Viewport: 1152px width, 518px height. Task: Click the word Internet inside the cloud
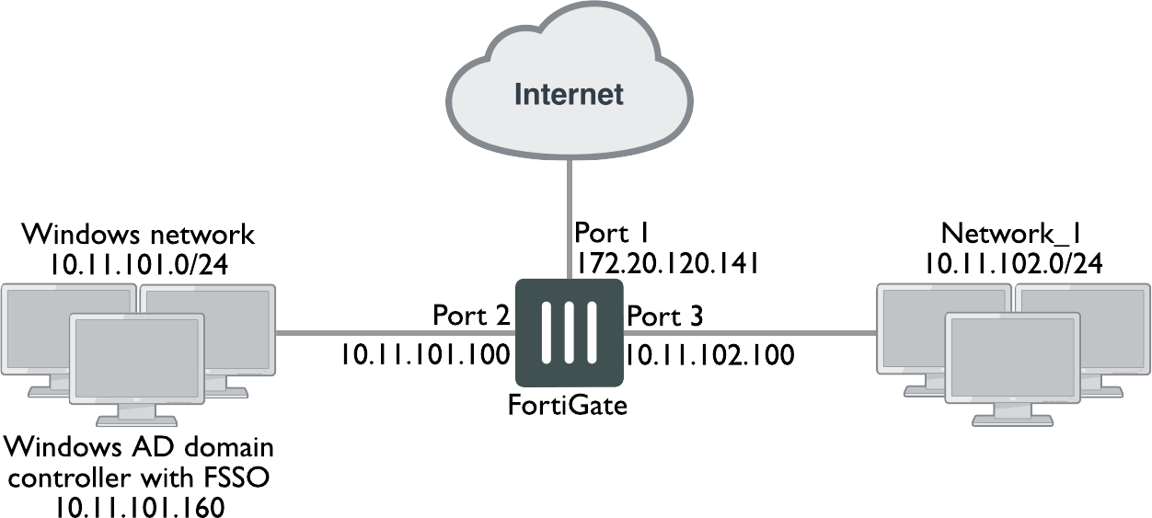(569, 94)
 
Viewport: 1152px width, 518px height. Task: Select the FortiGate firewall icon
(568, 333)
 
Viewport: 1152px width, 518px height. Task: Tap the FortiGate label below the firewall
(568, 404)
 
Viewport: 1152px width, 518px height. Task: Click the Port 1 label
(612, 231)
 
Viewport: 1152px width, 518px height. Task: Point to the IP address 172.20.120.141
(666, 264)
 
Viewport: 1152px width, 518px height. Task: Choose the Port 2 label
(471, 317)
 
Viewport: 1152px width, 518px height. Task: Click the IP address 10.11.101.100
(425, 354)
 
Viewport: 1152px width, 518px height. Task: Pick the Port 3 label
(664, 317)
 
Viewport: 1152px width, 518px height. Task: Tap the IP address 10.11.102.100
(709, 354)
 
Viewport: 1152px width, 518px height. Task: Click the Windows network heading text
(139, 235)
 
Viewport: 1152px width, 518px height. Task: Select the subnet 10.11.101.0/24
(139, 266)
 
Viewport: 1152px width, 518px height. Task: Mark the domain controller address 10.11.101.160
(139, 505)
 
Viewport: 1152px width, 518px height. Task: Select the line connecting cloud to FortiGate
(569, 193)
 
